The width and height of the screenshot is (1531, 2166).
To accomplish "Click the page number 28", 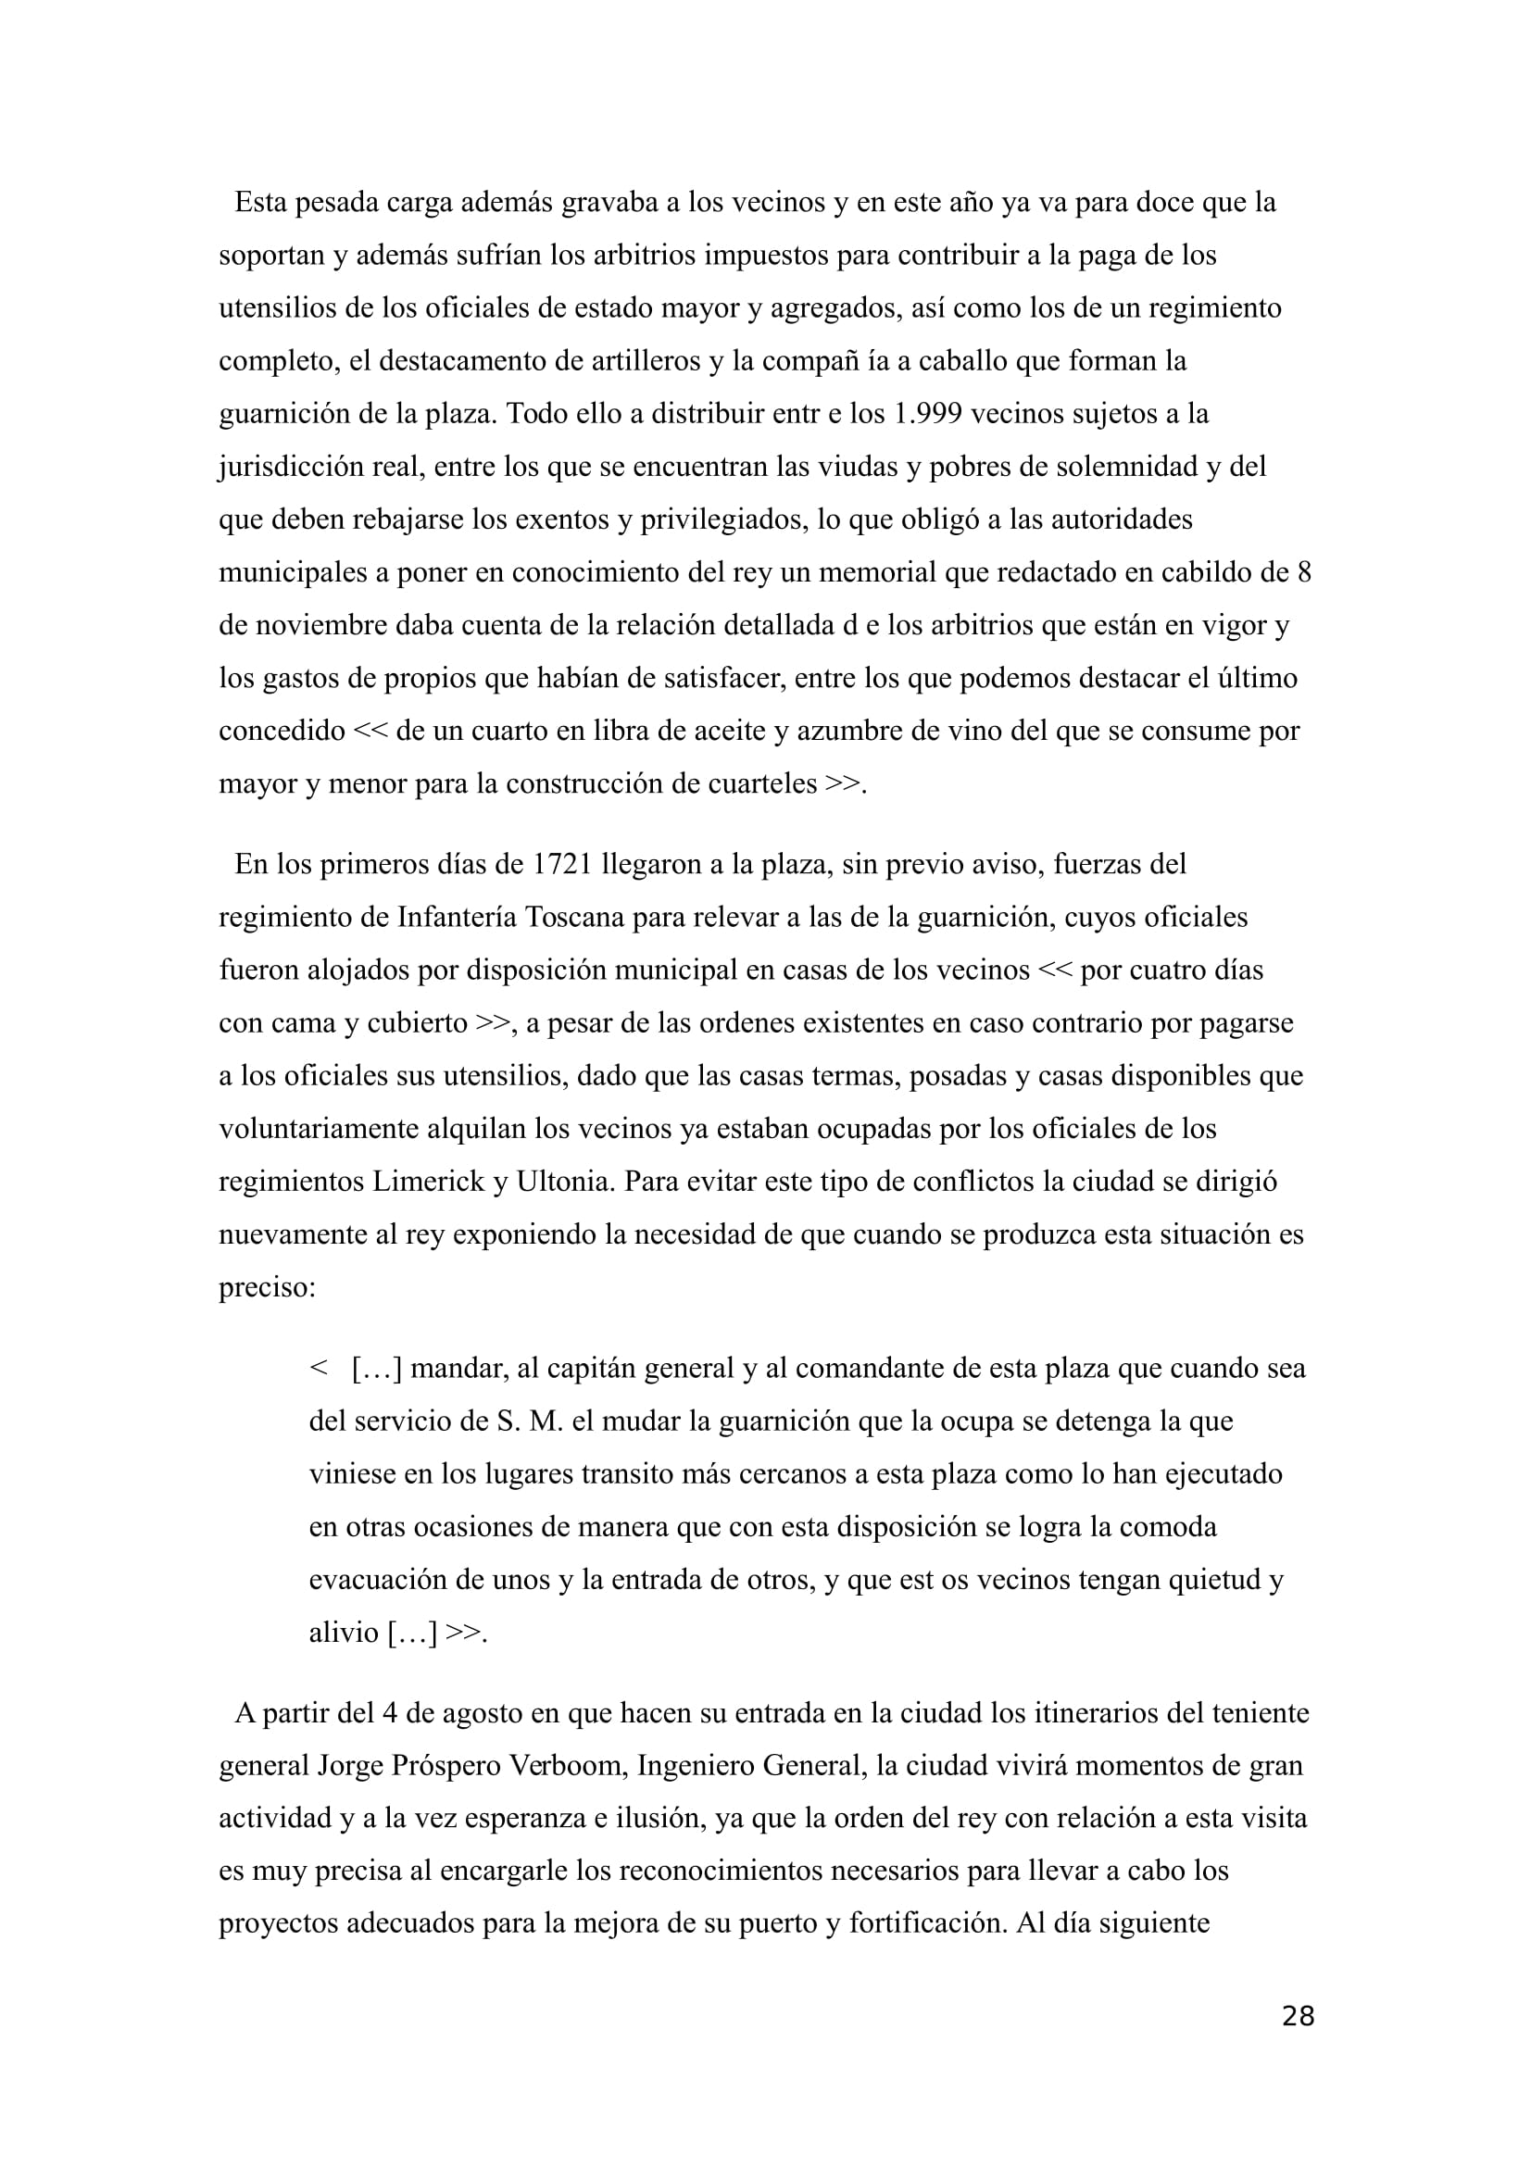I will coord(1298,2016).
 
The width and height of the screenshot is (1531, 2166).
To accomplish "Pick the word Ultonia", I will coord(564,1182).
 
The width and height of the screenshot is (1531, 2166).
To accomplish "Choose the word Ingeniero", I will coord(696,1765).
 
